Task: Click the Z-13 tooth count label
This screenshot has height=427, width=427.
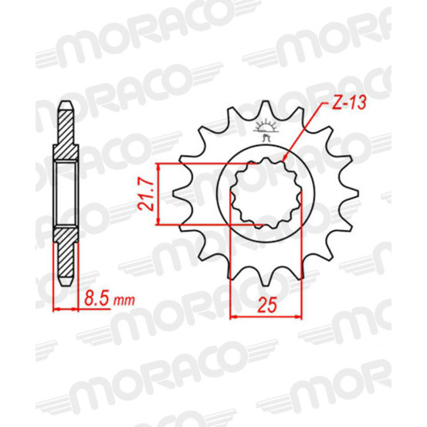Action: tap(349, 103)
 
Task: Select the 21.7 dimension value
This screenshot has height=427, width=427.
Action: tap(146, 194)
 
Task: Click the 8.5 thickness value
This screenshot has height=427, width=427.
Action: tap(96, 299)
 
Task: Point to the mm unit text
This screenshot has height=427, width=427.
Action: tap(124, 300)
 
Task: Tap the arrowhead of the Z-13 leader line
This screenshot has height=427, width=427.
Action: tap(283, 158)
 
